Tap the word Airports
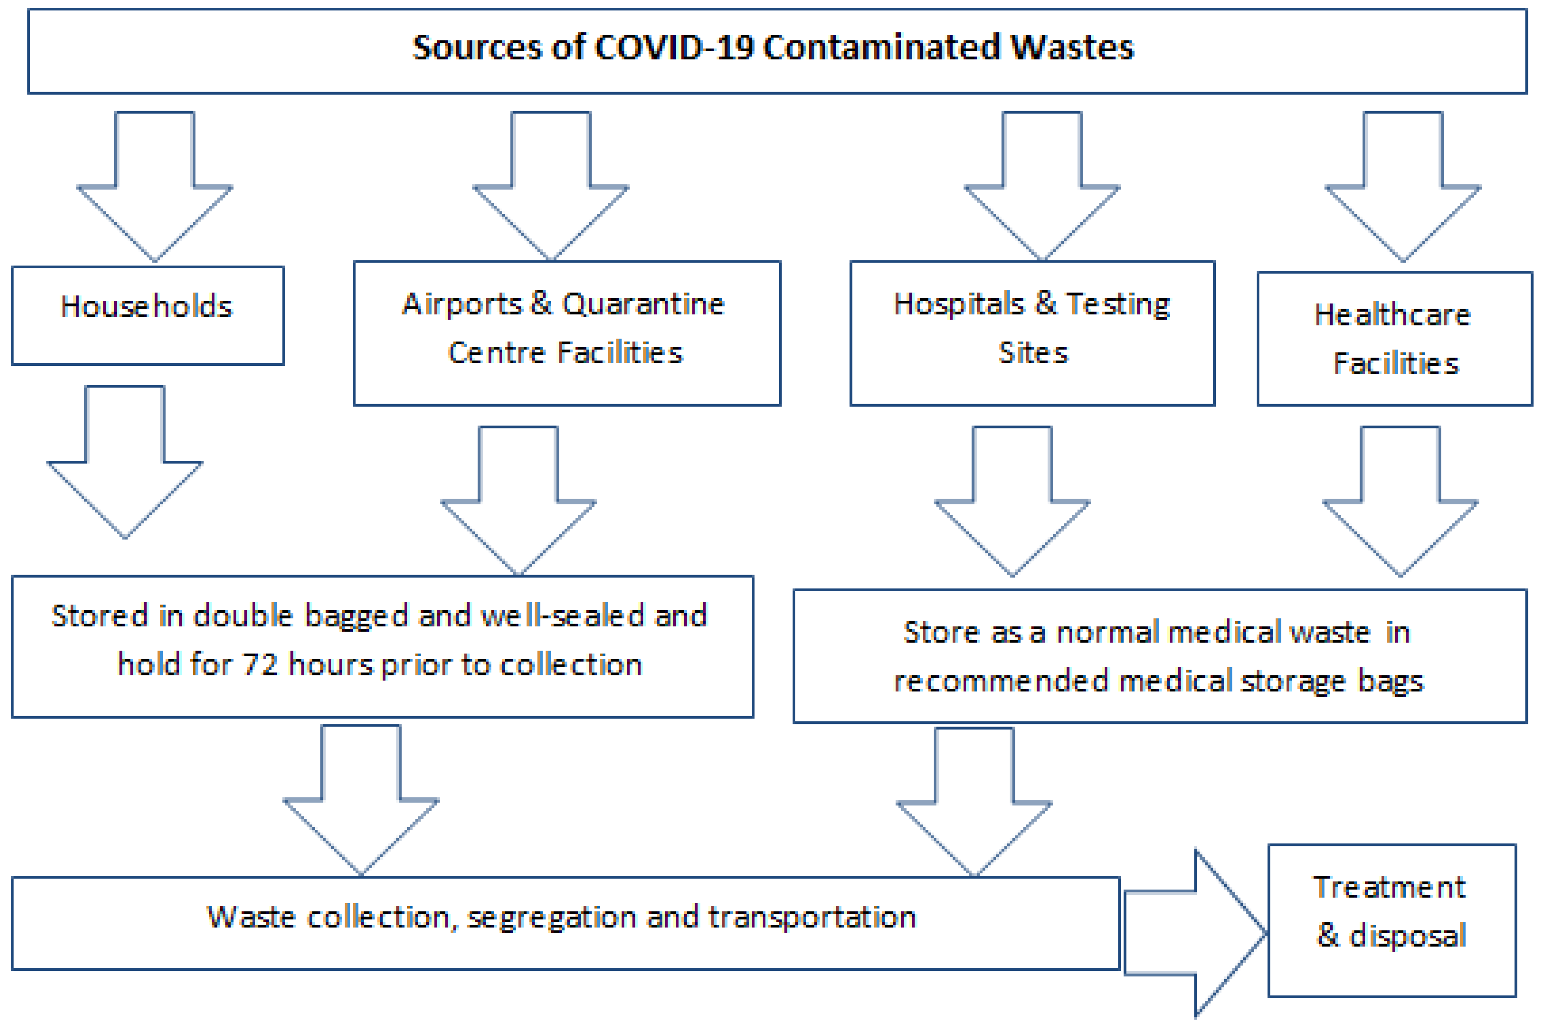coord(462,304)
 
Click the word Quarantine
coord(643,304)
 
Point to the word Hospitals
coord(958,304)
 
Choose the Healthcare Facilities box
coord(1394,339)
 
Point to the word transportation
coord(812,917)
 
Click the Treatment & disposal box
coord(1392,921)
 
